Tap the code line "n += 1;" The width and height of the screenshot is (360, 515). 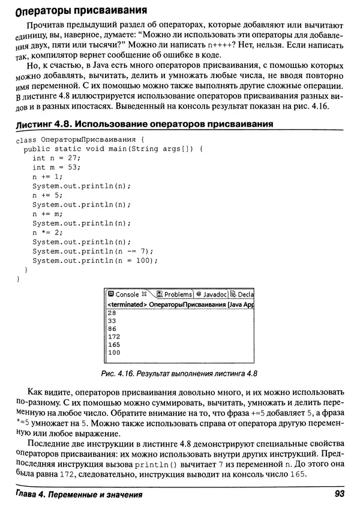[x=47, y=176]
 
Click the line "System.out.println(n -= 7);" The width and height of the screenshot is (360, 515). [x=93, y=251]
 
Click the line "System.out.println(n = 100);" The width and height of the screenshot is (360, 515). [x=95, y=261]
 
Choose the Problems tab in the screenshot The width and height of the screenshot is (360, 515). [x=175, y=295]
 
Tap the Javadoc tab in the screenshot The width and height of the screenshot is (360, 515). [x=211, y=295]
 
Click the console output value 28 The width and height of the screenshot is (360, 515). [x=112, y=313]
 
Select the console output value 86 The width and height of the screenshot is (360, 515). [x=112, y=329]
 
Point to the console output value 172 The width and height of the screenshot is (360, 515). [x=114, y=337]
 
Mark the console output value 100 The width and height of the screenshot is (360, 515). [x=114, y=353]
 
